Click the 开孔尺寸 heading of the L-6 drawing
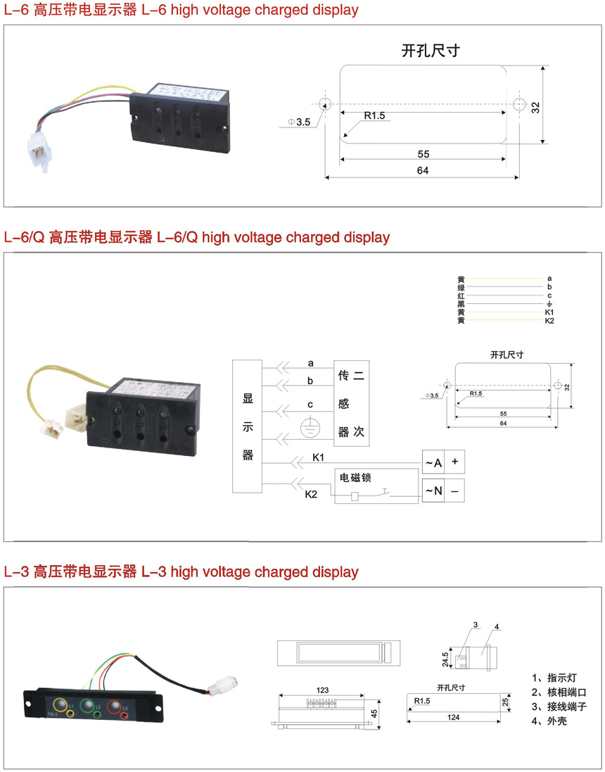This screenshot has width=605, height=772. point(431,51)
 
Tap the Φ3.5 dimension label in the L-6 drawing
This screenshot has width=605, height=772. point(299,122)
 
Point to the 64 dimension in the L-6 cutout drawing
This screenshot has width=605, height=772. point(422,170)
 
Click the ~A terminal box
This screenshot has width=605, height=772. point(432,462)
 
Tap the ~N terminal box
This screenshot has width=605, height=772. point(432,491)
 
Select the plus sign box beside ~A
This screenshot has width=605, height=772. point(454,462)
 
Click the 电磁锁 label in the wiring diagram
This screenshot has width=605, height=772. point(355,477)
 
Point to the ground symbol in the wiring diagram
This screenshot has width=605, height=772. point(310,427)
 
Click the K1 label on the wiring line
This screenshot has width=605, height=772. point(318,458)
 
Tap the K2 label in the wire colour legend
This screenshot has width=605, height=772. point(549,321)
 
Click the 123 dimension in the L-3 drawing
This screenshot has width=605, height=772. point(322,690)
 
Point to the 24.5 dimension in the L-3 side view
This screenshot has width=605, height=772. point(445,659)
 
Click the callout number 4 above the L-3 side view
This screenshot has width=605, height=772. point(497,626)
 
